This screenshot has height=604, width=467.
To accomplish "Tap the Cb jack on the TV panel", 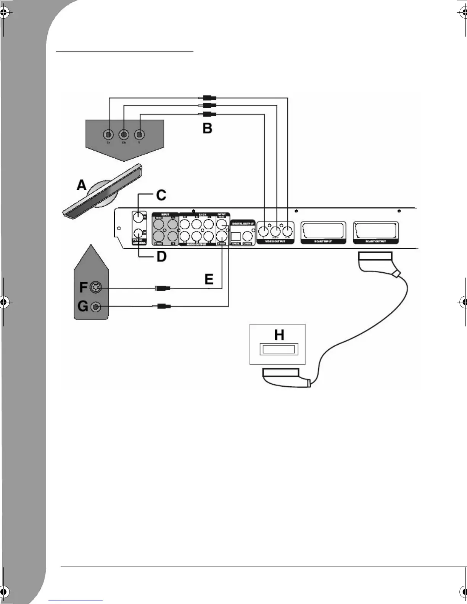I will pyautogui.click(x=124, y=134).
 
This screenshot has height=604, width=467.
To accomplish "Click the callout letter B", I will pyautogui.click(x=207, y=128).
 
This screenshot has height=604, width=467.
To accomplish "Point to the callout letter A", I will pyautogui.click(x=82, y=186).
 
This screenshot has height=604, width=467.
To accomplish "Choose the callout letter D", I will pyautogui.click(x=161, y=257).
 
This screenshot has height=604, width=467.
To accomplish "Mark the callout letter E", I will pyautogui.click(x=209, y=280).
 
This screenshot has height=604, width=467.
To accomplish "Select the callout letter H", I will pyautogui.click(x=279, y=335).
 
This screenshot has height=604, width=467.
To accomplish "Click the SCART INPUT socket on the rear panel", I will pyautogui.click(x=324, y=231).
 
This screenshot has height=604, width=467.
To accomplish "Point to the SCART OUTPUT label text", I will pyautogui.click(x=375, y=241).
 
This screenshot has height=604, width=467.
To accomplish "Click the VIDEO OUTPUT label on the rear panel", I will pyautogui.click(x=275, y=241).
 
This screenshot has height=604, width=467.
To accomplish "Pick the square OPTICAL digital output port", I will pyautogui.click(x=236, y=236).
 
